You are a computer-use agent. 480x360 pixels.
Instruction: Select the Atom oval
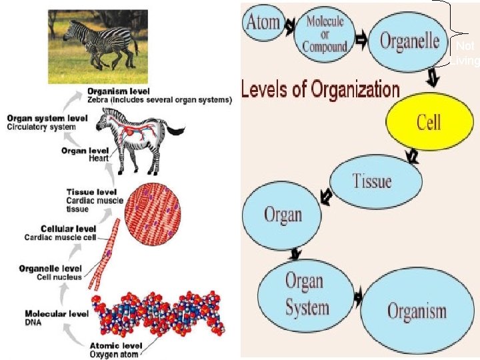[264, 23]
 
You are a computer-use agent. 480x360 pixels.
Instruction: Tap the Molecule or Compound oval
[325, 33]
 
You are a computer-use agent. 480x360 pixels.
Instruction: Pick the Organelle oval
[409, 41]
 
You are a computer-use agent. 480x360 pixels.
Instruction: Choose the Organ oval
[282, 215]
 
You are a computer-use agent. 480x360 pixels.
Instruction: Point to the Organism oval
[417, 310]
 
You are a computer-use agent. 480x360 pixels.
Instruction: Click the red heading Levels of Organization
[321, 89]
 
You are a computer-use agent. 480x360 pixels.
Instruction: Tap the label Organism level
[127, 92]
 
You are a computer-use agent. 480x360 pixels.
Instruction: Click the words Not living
[465, 54]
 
